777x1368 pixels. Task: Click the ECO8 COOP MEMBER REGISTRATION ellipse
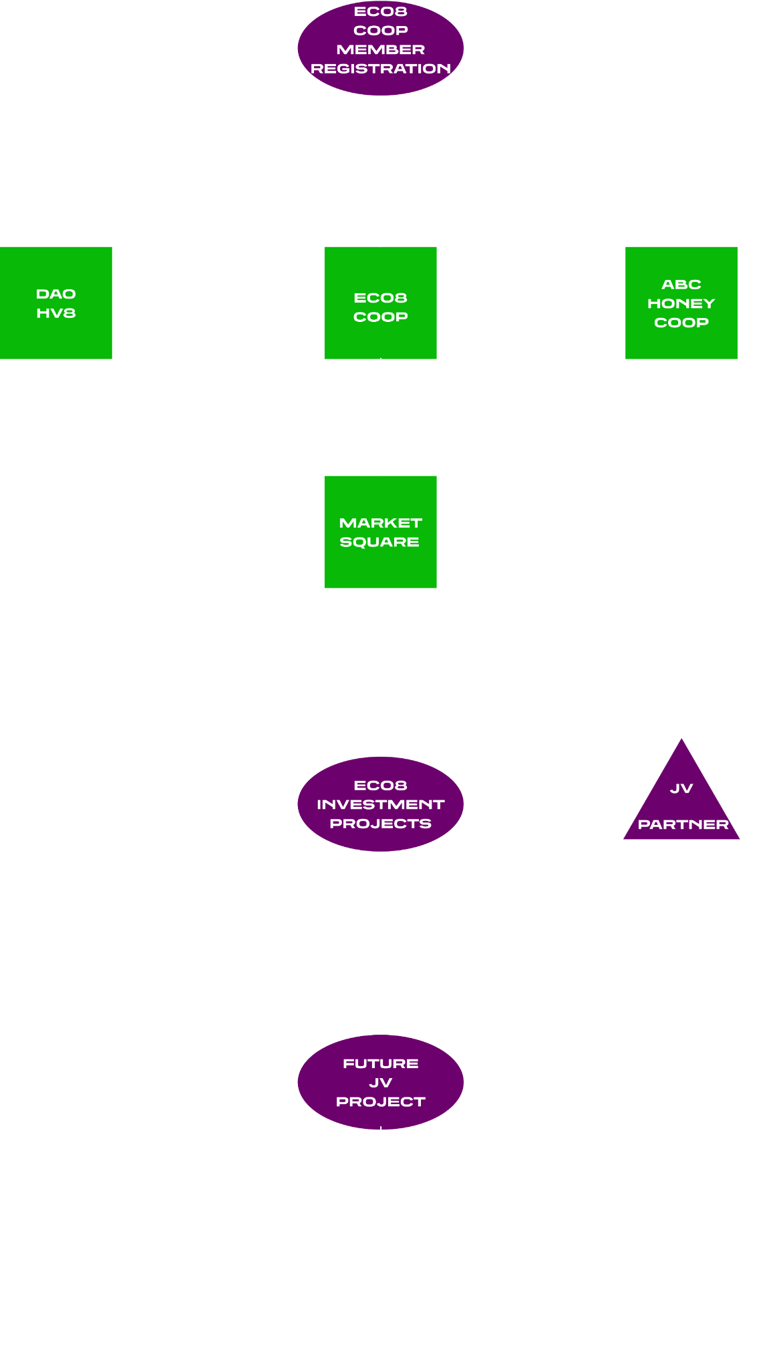coord(380,48)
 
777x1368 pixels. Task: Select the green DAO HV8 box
coord(56,303)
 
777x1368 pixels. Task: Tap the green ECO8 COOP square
coord(380,303)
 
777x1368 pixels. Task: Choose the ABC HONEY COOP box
coord(681,303)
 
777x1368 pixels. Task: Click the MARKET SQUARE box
coord(380,532)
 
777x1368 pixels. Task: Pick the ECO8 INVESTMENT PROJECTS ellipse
coord(380,804)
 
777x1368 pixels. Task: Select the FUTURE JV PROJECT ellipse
coord(380,1082)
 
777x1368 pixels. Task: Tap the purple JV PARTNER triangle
coord(681,802)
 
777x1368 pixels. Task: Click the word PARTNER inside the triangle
coord(683,824)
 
